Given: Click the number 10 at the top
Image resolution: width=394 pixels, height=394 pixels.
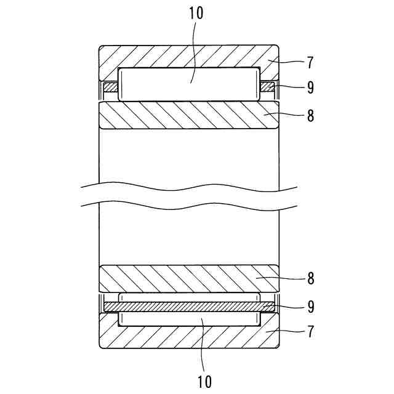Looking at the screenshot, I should (196, 14).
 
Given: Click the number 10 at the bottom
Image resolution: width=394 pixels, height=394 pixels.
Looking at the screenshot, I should (204, 381).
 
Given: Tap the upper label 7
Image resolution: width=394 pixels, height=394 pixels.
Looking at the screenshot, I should (311, 62).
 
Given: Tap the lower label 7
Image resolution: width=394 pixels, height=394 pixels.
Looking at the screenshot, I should (311, 332).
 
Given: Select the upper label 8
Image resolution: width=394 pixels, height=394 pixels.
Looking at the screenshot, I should (311, 116).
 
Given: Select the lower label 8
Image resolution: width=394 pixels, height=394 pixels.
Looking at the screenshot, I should (311, 278).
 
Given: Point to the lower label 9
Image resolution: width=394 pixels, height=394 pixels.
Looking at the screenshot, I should (311, 305).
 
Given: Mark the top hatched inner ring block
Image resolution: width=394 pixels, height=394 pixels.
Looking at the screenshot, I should (188, 115).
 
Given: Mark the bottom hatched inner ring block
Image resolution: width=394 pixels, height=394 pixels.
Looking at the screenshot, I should (188, 278).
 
